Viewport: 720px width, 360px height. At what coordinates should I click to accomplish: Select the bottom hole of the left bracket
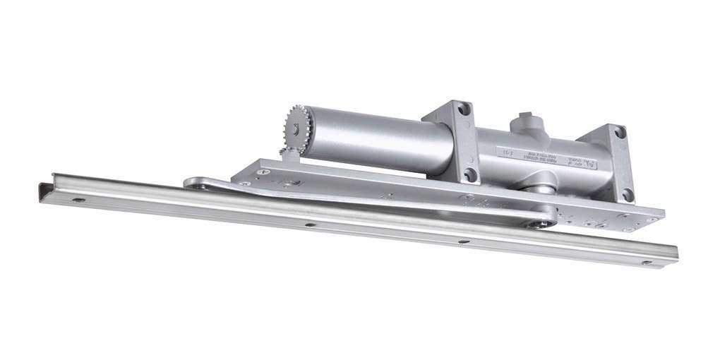(469, 174)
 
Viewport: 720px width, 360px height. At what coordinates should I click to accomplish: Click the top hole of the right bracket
(620, 132)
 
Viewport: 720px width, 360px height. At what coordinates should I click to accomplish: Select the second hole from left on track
(308, 225)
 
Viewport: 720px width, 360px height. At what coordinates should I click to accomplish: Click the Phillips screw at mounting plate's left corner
(265, 170)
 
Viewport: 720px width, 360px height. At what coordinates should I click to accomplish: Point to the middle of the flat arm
(367, 201)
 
